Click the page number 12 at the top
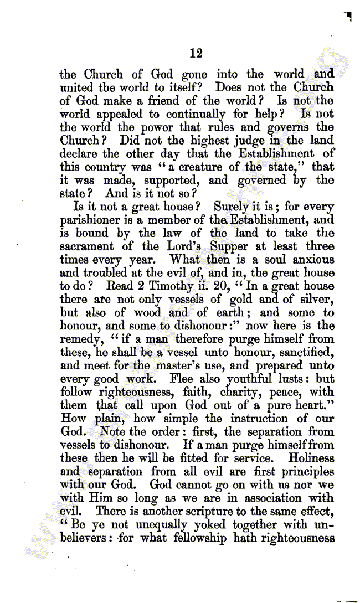pos(196,53)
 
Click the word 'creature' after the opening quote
pos(211,167)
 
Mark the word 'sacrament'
pos(87,246)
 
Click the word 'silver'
pos(315,299)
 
